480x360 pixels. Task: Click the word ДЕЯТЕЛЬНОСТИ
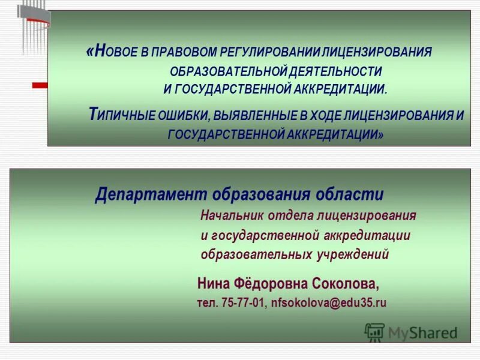(335, 71)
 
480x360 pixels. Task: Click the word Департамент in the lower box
(151, 195)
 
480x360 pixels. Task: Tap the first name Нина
(215, 283)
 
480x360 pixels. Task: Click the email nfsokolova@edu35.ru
(329, 303)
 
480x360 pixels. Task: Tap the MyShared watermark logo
(411, 332)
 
